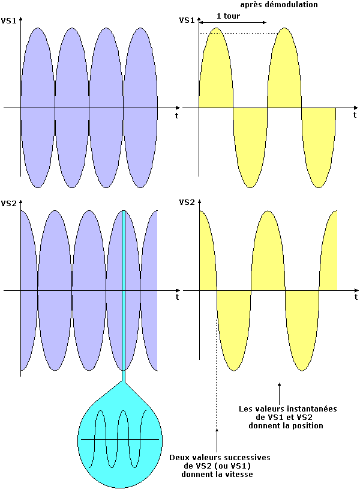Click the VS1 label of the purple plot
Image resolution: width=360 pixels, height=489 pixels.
tap(9, 20)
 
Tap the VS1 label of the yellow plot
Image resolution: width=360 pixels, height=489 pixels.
tap(187, 20)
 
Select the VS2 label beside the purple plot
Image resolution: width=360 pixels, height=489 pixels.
tap(9, 203)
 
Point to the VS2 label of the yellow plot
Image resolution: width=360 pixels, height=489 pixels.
tap(187, 203)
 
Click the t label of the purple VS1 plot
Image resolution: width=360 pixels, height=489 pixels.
tap(176, 114)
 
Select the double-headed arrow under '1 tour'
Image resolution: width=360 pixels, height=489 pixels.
tap(232, 23)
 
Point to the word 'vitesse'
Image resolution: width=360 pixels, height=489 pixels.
tap(237, 475)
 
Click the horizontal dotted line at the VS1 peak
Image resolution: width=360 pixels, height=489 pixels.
tap(240, 33)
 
